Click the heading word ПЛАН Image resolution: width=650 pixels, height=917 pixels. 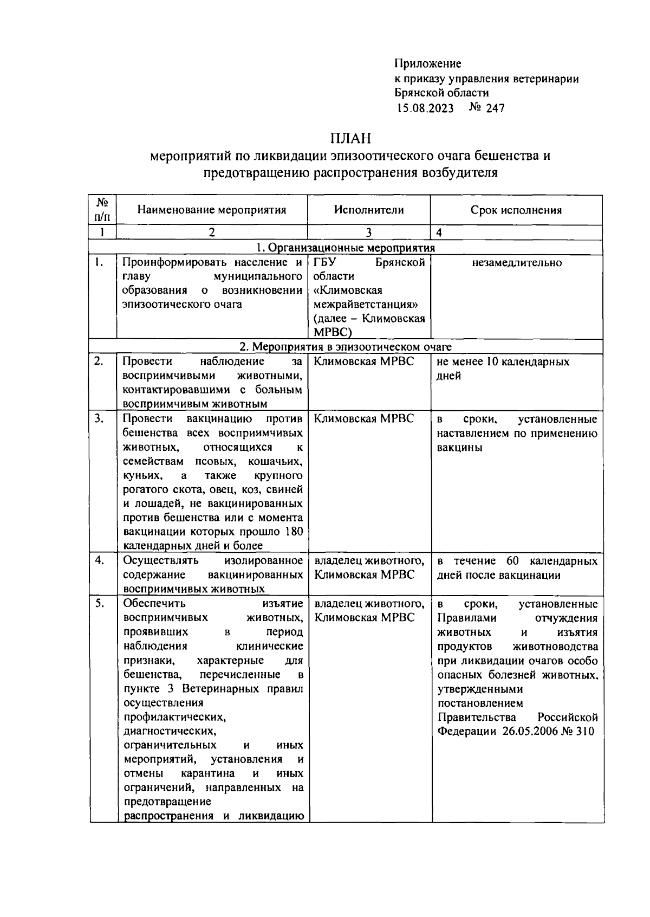coord(352,139)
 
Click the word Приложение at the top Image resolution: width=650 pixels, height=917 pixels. coord(427,64)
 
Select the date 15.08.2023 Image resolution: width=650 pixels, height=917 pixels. coord(425,108)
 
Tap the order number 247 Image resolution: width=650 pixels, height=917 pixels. coord(495,108)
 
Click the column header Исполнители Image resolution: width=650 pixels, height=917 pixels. coord(368,210)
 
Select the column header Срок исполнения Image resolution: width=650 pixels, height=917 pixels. coord(516,210)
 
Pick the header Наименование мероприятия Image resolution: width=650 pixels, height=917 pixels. coord(211,210)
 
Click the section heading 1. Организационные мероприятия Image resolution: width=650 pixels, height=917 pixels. coord(346,248)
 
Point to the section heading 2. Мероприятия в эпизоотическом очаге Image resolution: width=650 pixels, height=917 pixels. coord(346,347)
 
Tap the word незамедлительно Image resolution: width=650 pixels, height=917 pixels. coord(517,263)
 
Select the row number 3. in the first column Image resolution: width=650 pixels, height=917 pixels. coord(99,419)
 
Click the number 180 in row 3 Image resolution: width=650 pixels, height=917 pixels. coord(293,532)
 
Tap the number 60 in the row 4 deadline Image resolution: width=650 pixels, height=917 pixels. coord(512,561)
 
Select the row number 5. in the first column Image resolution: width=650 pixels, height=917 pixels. coord(99,604)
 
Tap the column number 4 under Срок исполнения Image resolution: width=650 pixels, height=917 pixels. coord(439,233)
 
